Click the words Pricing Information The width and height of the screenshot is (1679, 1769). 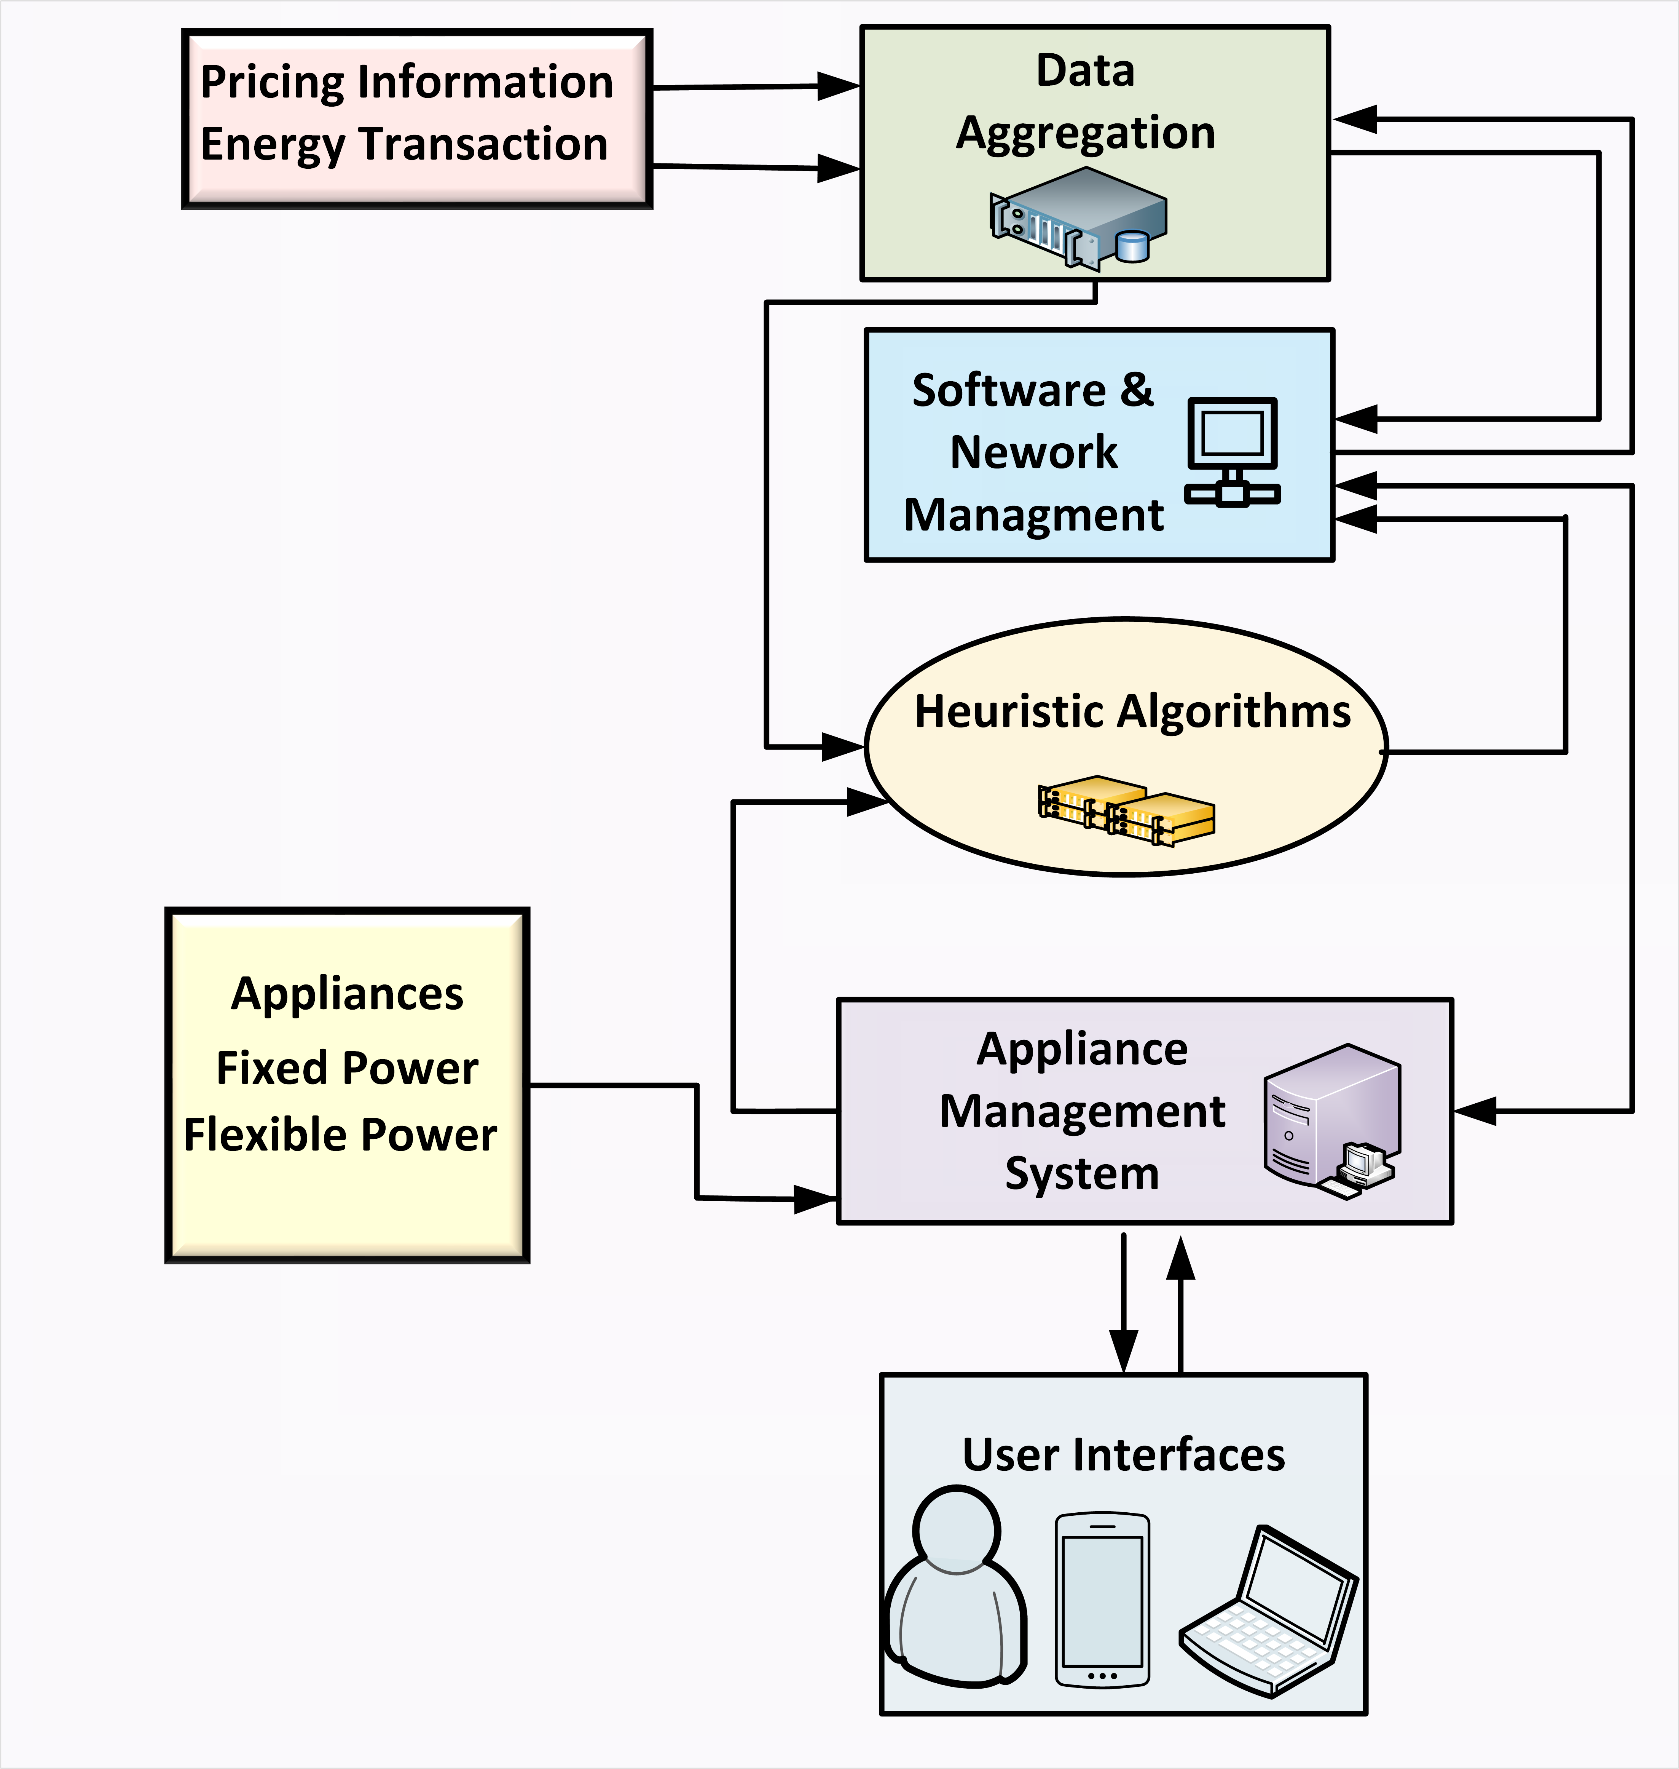(x=406, y=82)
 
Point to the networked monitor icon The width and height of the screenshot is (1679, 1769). (x=1233, y=452)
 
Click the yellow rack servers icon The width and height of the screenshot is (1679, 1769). (x=1126, y=810)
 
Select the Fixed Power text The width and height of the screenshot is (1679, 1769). (x=347, y=1068)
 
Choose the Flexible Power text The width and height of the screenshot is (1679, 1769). (x=340, y=1135)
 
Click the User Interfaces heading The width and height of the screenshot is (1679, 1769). (x=1123, y=1455)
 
